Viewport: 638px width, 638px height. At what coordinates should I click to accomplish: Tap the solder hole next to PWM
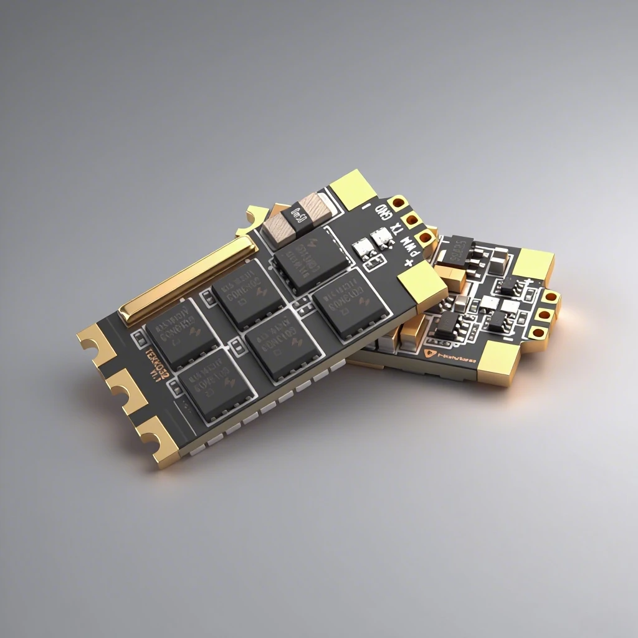click(425, 237)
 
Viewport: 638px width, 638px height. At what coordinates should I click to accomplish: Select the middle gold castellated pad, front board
click(125, 389)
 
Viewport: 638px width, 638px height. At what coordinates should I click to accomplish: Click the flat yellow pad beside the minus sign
click(353, 188)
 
